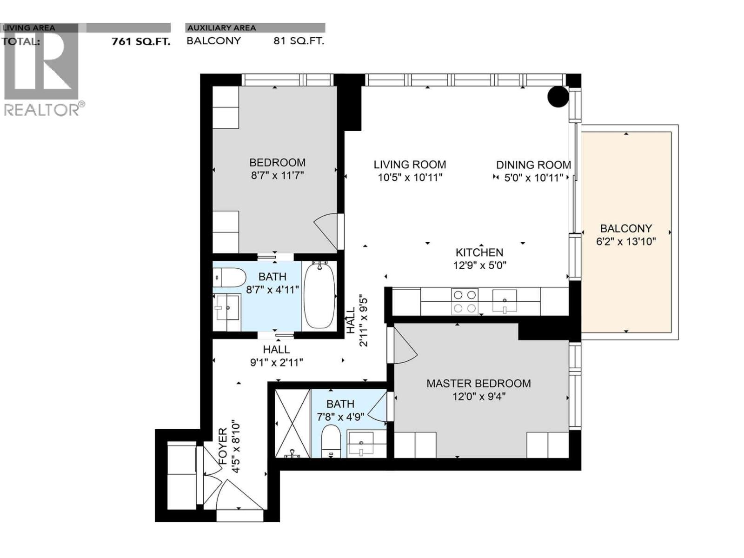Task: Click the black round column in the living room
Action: coord(558,97)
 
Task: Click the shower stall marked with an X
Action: coord(292,424)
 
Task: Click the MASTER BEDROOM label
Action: coord(478,384)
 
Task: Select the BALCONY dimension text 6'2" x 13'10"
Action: coord(626,241)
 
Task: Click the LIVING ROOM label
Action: coord(410,165)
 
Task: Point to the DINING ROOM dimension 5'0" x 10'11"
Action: coord(533,178)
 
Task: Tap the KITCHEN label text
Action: coord(479,252)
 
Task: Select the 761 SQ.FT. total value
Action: coord(141,41)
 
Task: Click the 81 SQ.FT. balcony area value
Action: coord(299,41)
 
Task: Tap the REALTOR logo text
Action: coord(42,110)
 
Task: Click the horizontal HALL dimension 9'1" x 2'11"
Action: coord(277,362)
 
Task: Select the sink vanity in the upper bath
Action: coord(227,307)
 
